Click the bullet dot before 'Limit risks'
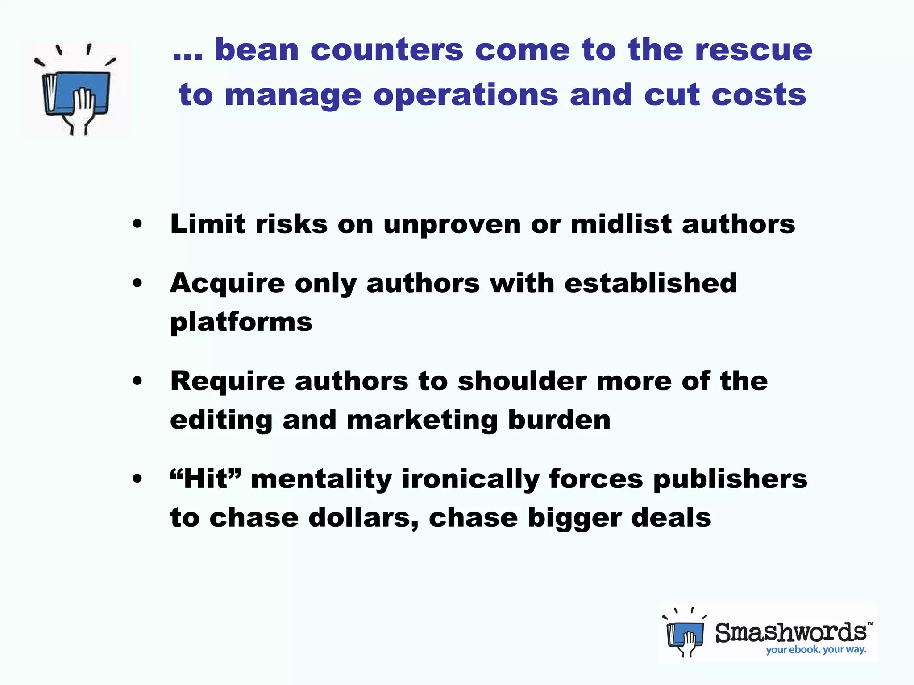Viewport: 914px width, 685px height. coord(137,224)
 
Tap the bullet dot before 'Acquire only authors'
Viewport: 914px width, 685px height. coord(137,283)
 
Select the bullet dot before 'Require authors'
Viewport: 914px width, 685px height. coord(137,381)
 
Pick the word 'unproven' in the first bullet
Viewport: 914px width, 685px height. coord(452,224)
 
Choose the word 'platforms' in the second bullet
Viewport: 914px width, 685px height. coord(241,322)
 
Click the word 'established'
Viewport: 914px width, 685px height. coord(650,283)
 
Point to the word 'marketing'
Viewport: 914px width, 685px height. coord(422,420)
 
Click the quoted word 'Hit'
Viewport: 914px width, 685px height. coord(206,479)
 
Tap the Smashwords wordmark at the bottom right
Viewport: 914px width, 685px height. coord(791,632)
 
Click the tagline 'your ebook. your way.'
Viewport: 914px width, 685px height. coord(816,650)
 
